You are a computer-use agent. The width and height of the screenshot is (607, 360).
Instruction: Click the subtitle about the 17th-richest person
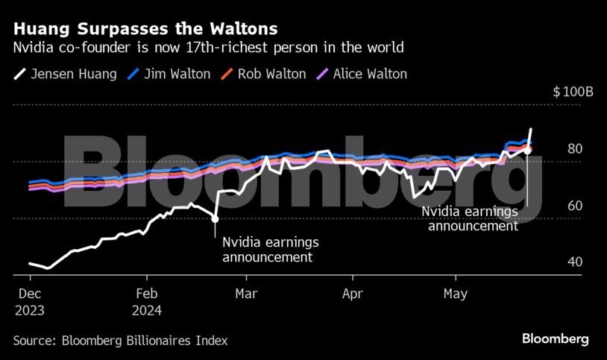click(x=208, y=48)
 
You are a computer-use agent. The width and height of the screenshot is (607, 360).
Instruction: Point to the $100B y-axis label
click(x=573, y=92)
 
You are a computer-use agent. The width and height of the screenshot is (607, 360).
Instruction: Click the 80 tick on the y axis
click(x=574, y=149)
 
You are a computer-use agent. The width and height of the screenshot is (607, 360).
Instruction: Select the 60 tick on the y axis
click(x=574, y=206)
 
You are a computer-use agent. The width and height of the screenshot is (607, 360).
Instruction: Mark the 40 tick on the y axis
click(x=574, y=262)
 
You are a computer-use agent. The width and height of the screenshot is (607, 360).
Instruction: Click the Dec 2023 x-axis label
click(x=29, y=301)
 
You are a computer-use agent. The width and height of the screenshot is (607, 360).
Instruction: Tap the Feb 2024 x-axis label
click(x=147, y=301)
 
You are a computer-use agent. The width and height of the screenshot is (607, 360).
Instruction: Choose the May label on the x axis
click(x=455, y=294)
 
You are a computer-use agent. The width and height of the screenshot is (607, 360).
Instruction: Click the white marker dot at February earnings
click(x=215, y=219)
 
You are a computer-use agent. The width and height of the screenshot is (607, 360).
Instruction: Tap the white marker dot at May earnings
click(x=527, y=151)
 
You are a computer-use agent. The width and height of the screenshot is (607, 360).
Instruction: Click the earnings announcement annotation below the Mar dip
click(x=266, y=250)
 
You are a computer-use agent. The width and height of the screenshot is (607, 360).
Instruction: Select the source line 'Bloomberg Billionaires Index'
click(x=120, y=341)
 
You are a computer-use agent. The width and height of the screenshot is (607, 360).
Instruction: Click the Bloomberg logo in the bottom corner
click(x=555, y=339)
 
